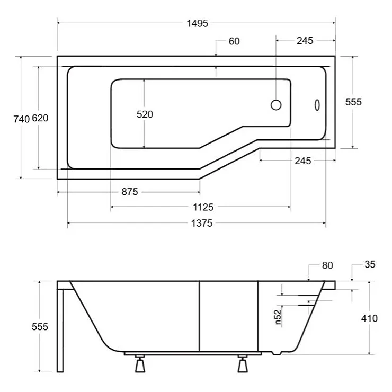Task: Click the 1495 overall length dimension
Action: point(198,23)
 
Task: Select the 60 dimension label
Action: point(234,41)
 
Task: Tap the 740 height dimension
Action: point(22,119)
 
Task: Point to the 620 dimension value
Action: point(40,118)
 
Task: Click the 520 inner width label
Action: point(145,114)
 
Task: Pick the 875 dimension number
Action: point(130,192)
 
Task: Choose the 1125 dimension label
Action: point(203,207)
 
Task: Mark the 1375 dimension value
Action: point(202,223)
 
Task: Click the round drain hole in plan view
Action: point(276,105)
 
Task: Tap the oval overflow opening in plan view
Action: point(317,105)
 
